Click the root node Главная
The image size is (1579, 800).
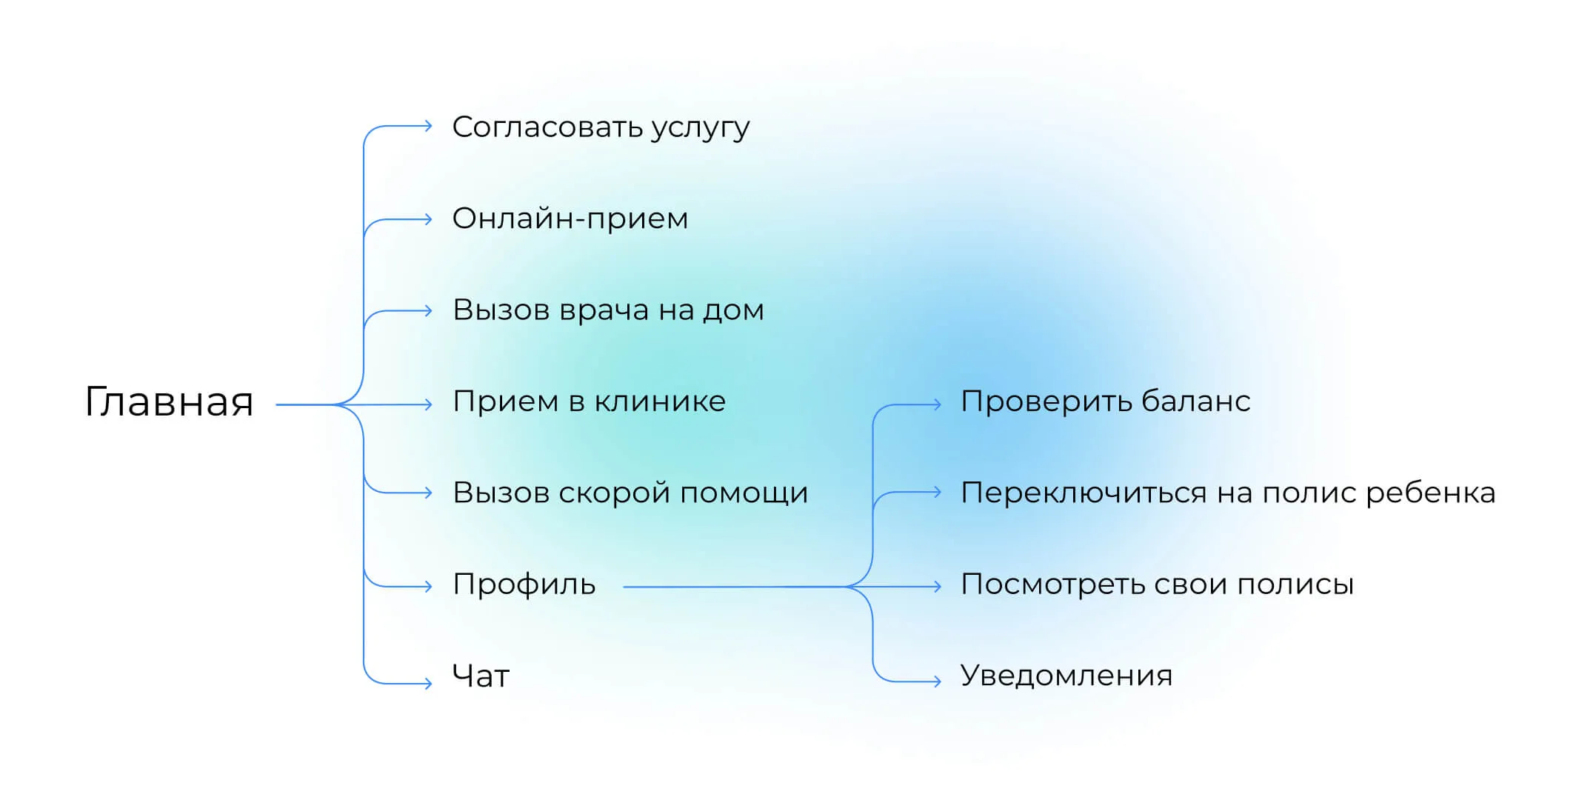[170, 403]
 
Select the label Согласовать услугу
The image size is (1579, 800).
[601, 127]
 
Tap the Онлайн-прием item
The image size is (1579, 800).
[570, 219]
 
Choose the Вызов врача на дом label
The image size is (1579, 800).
[608, 310]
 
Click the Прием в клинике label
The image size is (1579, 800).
[589, 401]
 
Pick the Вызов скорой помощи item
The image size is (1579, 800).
[630, 493]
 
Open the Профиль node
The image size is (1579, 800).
[524, 585]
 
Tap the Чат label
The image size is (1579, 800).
[481, 676]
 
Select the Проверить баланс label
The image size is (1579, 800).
[1106, 401]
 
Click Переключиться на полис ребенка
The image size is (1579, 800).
[1228, 493]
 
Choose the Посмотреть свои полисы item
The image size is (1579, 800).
[1157, 585]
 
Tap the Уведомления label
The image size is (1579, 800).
[1066, 676]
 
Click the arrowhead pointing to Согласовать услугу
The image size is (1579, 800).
[428, 127]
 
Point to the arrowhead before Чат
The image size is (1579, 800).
[428, 683]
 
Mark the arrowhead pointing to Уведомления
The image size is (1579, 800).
[937, 681]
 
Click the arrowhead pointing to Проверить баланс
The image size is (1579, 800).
[937, 404]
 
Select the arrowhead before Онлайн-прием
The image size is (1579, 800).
[428, 219]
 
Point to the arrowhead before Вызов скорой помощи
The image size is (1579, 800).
[428, 493]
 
